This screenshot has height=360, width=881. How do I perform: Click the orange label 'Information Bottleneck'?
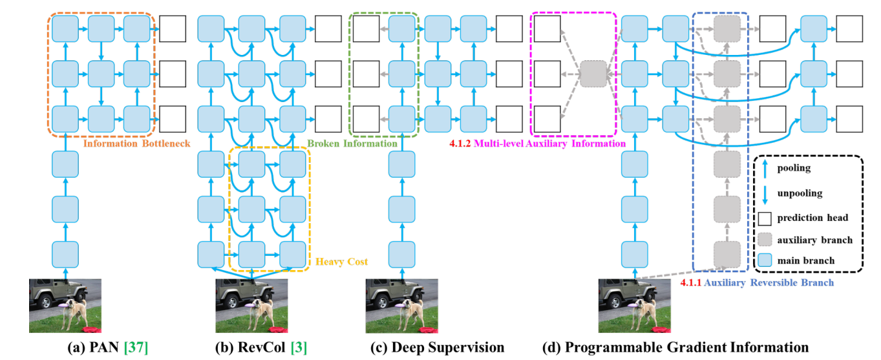(x=136, y=143)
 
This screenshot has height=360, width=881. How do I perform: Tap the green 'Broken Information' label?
(x=352, y=143)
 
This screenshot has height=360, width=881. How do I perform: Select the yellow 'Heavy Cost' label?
(x=341, y=262)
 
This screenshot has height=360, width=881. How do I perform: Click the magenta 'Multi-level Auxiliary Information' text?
(x=549, y=143)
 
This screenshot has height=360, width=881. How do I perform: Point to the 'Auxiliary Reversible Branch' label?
(x=769, y=283)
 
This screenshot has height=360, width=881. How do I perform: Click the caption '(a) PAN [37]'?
(x=107, y=348)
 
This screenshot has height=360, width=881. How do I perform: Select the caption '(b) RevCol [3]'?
(x=260, y=348)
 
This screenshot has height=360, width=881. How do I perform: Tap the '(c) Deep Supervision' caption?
(x=438, y=348)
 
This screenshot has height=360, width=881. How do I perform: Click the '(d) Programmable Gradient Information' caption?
(x=675, y=348)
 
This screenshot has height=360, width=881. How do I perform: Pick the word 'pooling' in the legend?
(x=794, y=169)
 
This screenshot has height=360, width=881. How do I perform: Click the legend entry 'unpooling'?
(x=800, y=193)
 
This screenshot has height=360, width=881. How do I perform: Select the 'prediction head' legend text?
(x=812, y=218)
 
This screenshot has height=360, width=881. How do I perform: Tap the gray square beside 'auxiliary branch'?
(x=765, y=240)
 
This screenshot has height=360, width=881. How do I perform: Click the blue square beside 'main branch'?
(x=765, y=260)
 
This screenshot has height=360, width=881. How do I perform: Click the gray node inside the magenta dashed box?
(x=593, y=74)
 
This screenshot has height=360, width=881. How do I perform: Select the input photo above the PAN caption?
(x=65, y=306)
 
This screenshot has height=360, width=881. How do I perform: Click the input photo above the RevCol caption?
(x=251, y=306)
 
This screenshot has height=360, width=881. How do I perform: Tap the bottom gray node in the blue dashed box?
(x=727, y=255)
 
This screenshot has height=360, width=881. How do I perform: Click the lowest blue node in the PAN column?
(x=65, y=255)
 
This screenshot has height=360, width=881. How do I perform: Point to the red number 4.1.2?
(x=460, y=143)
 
